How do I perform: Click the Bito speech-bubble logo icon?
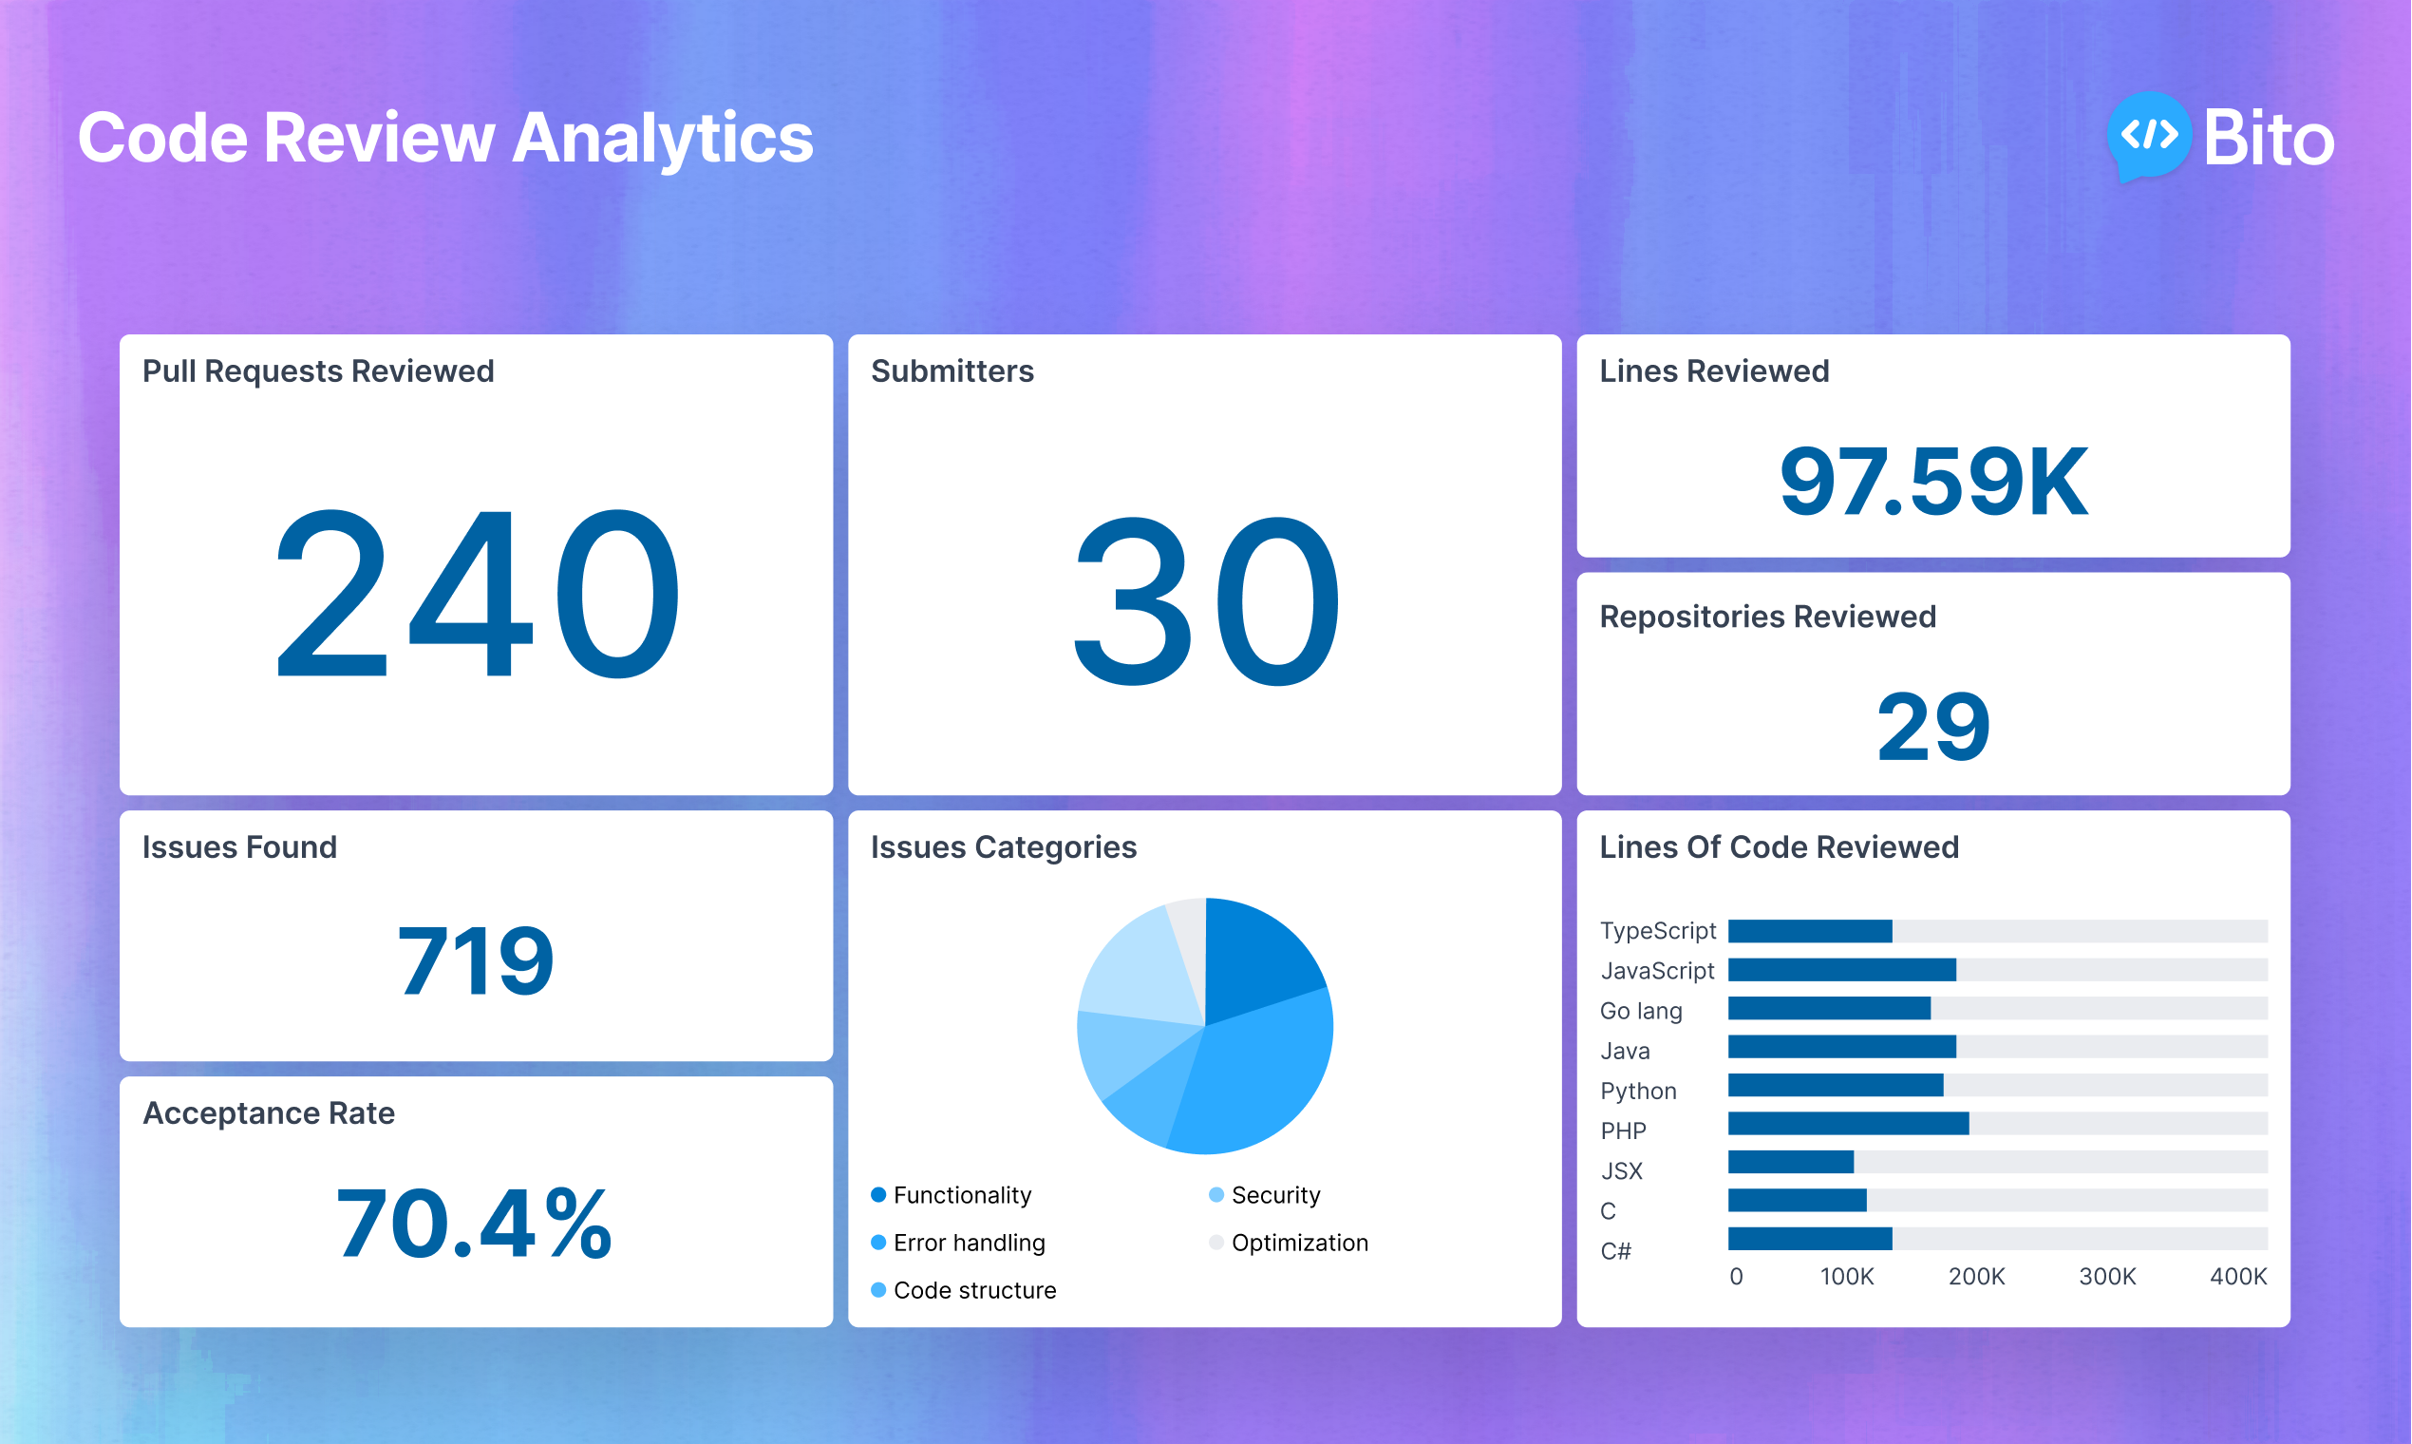(x=2148, y=136)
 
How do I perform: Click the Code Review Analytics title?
(x=445, y=137)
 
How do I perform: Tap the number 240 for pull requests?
(x=477, y=596)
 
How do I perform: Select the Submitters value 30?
(x=1205, y=600)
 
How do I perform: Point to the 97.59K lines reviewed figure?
(x=1933, y=482)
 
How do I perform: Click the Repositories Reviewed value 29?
(x=1933, y=727)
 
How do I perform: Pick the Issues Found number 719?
(x=476, y=961)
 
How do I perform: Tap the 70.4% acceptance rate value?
(x=476, y=1225)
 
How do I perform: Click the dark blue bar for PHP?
(x=1848, y=1124)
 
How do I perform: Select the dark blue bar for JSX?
(x=1791, y=1162)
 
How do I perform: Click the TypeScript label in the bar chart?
(x=1657, y=931)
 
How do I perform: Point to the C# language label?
(x=1615, y=1251)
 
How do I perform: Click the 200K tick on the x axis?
(x=1976, y=1277)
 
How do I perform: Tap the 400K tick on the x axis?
(x=2238, y=1277)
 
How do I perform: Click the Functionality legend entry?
(x=961, y=1195)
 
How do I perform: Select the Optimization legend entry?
(x=1298, y=1243)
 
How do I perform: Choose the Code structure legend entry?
(x=973, y=1290)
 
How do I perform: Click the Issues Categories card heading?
(x=1003, y=847)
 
